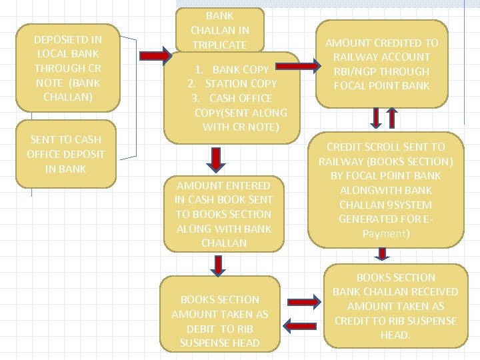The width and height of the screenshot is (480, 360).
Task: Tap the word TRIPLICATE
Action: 219,45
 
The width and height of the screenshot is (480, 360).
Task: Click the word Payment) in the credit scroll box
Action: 385,233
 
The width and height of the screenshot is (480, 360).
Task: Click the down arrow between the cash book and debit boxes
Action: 215,266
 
